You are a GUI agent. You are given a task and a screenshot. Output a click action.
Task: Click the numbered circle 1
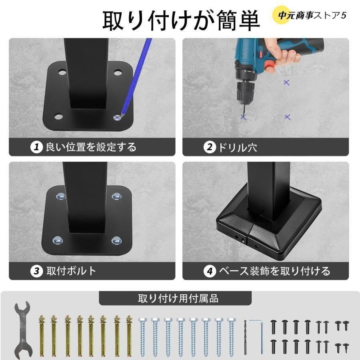point(36,147)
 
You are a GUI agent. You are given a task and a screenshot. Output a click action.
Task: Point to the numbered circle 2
point(209,147)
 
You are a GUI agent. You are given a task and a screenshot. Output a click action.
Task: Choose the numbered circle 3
point(36,271)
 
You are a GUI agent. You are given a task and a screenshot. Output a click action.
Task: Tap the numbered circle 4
point(209,271)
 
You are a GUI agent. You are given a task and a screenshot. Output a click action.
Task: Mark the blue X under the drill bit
point(243,117)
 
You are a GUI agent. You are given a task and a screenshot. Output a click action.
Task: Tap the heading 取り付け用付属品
point(178,298)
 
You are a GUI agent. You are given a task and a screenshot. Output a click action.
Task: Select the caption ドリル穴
point(237,147)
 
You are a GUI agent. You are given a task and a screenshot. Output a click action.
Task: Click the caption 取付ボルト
point(71,271)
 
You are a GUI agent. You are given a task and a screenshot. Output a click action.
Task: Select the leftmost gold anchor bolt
point(42,336)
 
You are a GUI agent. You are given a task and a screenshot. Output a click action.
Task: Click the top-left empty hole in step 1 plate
point(62,72)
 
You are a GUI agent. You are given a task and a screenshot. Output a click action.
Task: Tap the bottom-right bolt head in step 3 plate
point(117,240)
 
